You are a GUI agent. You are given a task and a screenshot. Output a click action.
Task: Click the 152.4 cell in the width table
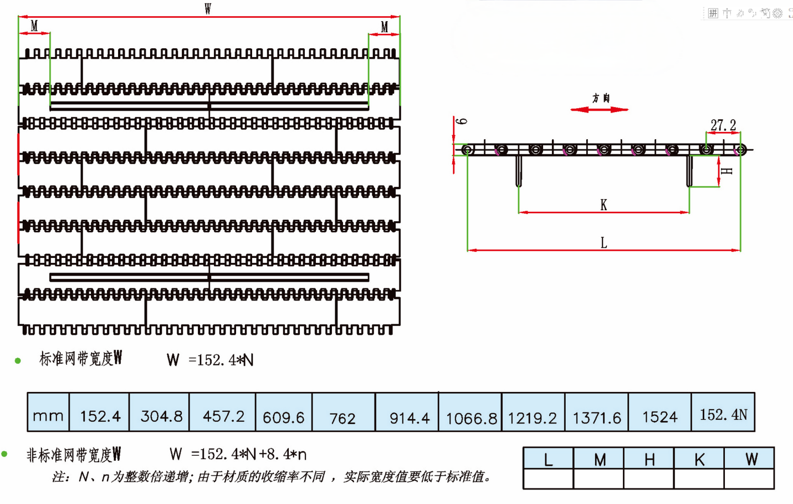[x=100, y=413]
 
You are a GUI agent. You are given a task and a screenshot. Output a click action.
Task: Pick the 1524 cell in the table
[x=660, y=413]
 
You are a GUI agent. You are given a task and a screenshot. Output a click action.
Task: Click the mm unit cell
[x=48, y=413]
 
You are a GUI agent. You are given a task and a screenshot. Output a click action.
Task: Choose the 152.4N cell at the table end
[x=723, y=413]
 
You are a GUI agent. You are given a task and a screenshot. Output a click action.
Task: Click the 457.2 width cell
[x=222, y=413]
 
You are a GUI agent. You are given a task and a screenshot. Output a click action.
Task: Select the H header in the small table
[x=649, y=459]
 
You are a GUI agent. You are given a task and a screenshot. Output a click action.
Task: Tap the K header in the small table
[x=699, y=459]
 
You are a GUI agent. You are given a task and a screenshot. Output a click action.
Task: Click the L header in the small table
[x=549, y=459]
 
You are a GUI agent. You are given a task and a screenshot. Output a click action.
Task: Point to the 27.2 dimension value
[x=723, y=125]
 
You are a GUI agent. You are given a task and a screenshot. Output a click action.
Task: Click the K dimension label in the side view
[x=603, y=205]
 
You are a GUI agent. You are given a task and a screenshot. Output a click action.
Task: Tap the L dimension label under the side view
[x=603, y=243]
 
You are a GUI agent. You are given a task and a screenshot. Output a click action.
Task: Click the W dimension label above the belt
[x=208, y=9]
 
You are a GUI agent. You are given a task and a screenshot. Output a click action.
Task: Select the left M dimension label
[x=34, y=26]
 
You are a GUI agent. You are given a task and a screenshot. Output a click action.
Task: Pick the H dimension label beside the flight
[x=727, y=171]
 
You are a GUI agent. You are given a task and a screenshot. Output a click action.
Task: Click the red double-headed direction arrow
[x=600, y=109]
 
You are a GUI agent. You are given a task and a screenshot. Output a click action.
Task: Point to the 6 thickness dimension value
[x=462, y=121]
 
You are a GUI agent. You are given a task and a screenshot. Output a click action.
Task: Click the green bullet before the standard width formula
[x=18, y=361]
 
